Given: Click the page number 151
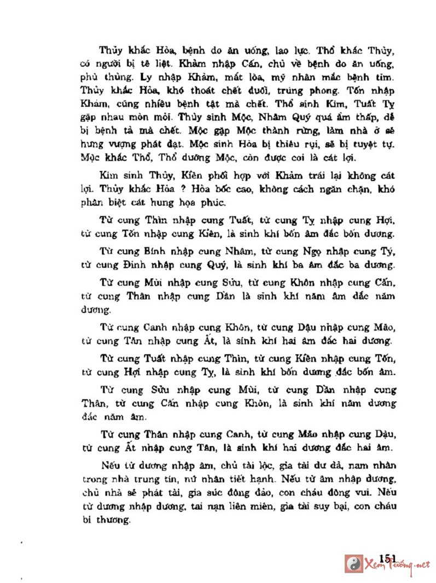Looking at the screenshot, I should [386, 557].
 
